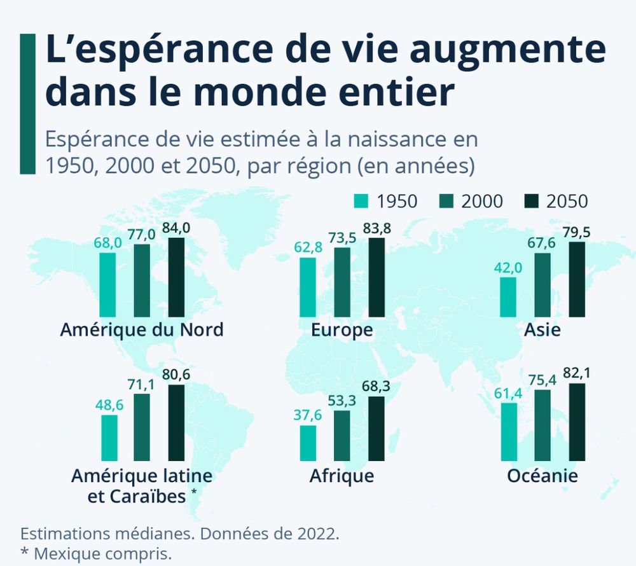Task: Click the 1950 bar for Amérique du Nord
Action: coord(107,284)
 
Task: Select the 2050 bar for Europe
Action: coord(377,277)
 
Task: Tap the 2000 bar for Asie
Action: coord(543,284)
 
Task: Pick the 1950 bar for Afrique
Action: coord(308,443)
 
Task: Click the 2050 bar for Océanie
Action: coord(577,422)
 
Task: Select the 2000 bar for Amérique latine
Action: coord(142,427)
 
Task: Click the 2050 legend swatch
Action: coord(532,202)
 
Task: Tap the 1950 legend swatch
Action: coord(361,202)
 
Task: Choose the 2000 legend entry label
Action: coord(481,202)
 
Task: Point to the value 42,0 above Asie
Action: coord(508,268)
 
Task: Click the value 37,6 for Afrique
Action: coord(308,416)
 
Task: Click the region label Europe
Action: coord(342,330)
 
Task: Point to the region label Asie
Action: coord(542,330)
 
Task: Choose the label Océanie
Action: coord(542,476)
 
